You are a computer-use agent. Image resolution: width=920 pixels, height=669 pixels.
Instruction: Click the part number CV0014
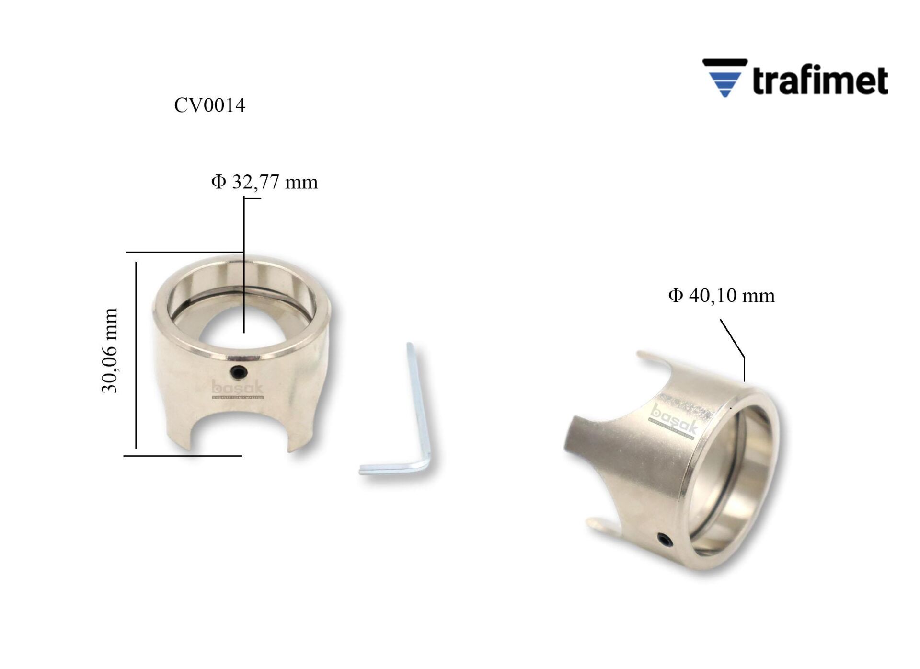(x=209, y=105)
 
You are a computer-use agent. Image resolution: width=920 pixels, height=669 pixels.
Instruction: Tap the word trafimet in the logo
(x=820, y=80)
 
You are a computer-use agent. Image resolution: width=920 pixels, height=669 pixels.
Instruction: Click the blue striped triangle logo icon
(x=724, y=78)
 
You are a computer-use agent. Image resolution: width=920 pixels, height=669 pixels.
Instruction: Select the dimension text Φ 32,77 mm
(x=264, y=182)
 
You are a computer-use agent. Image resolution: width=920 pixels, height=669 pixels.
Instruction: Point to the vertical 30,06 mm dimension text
(x=110, y=351)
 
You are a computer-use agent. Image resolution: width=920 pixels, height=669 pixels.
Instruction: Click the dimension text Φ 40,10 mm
(x=721, y=296)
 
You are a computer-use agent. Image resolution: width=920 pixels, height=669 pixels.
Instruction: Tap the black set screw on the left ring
(x=239, y=371)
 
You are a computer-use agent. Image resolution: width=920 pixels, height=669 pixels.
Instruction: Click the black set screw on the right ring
(x=666, y=540)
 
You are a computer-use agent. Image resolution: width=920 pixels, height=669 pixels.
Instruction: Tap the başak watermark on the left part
(x=238, y=389)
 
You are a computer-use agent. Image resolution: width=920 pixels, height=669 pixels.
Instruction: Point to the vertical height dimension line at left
(x=136, y=355)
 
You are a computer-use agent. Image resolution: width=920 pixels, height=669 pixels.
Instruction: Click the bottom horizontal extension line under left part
(x=182, y=456)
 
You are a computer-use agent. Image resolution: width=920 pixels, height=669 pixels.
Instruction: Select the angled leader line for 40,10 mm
(x=732, y=338)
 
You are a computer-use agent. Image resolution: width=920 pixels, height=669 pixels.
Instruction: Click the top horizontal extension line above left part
(x=184, y=252)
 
